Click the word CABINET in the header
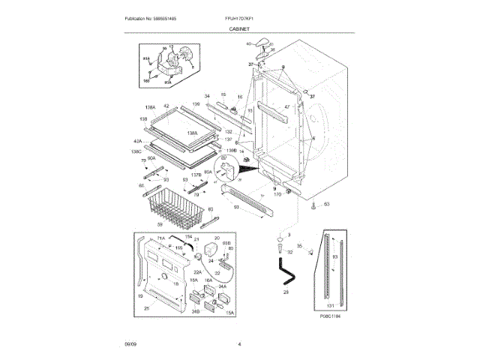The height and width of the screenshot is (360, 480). tap(239, 28)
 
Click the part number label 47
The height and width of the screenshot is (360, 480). tap(286, 107)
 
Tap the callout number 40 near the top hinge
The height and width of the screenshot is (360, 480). tap(249, 43)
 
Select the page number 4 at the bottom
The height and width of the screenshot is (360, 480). tap(239, 344)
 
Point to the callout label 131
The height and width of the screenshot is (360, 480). tap(331, 306)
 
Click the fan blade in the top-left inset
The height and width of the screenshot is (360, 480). tap(179, 55)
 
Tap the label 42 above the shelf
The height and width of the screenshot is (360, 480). tap(166, 106)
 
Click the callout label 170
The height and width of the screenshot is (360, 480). tap(277, 194)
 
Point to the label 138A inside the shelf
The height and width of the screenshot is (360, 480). tap(193, 133)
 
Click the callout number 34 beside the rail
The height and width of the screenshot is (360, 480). tap(207, 96)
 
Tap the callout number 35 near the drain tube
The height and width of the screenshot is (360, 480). tap(299, 245)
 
